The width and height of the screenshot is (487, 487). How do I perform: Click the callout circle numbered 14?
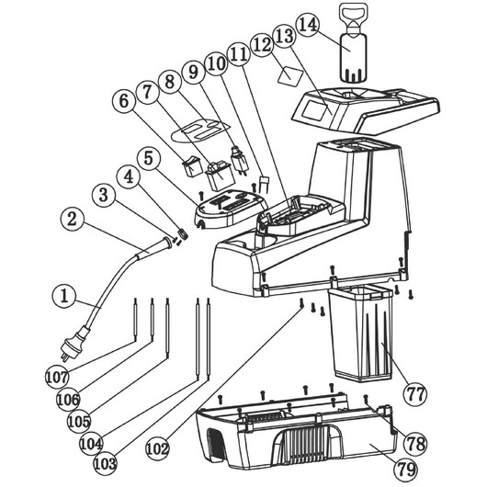tap(308, 25)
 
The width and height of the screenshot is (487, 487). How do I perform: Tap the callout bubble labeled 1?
tap(63, 297)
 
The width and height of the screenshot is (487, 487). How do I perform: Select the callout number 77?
tap(415, 394)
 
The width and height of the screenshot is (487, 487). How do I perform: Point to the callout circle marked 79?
tap(405, 469)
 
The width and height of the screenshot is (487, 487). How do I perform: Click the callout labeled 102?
tap(157, 448)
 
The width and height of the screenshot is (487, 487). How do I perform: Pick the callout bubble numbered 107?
tap(57, 377)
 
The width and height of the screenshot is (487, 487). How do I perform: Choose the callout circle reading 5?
tap(149, 158)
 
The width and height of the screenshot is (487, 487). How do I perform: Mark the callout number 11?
tap(239, 54)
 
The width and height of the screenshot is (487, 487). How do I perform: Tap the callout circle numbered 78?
tap(415, 444)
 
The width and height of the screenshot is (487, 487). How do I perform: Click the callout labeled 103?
tap(106, 464)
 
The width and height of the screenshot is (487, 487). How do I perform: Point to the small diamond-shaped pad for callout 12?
tap(290, 75)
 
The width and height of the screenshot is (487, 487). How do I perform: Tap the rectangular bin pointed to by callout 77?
tap(361, 334)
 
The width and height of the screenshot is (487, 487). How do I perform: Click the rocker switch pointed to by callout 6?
tap(192, 165)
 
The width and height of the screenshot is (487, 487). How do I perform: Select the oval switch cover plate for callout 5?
tap(230, 209)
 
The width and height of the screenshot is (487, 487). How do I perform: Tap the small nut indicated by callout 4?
tap(183, 233)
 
